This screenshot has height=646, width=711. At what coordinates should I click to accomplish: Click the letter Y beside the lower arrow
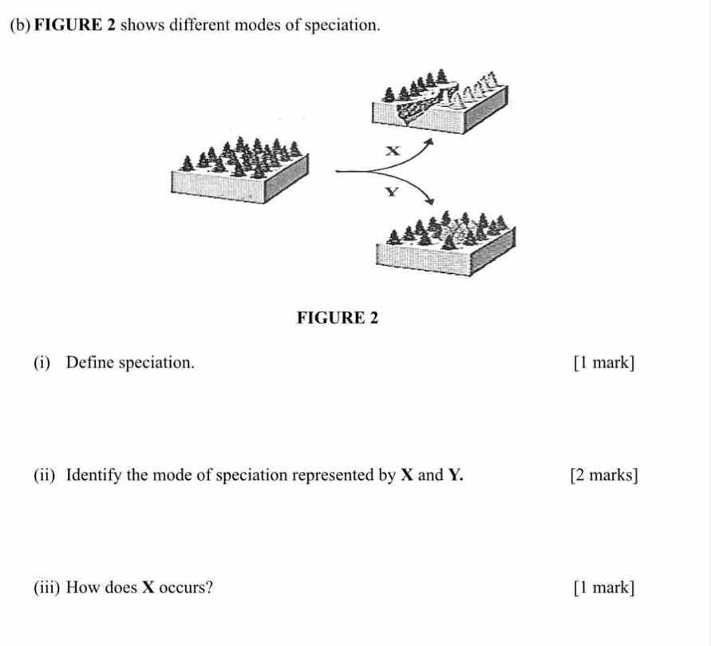[390, 192]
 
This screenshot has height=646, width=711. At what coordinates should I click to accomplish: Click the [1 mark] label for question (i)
[604, 363]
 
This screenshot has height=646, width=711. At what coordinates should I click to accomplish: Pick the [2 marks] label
[604, 476]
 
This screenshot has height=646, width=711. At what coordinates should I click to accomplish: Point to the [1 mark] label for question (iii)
[604, 589]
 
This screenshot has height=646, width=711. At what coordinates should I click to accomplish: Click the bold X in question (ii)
[405, 476]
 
